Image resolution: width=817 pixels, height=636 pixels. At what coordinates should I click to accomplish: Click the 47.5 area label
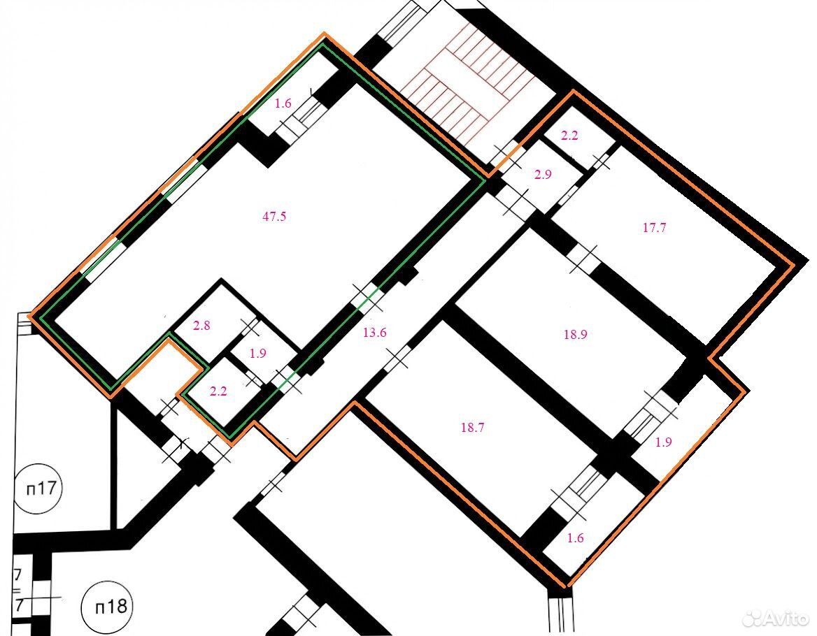(x=274, y=217)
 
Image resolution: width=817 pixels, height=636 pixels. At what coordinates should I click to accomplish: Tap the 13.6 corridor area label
(x=375, y=333)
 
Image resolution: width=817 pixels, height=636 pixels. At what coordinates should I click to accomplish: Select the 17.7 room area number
(x=655, y=227)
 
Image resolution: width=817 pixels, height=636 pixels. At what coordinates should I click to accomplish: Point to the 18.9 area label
(x=575, y=335)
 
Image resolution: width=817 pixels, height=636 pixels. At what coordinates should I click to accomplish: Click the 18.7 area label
(x=473, y=428)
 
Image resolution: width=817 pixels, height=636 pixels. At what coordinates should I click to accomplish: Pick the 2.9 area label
(x=543, y=175)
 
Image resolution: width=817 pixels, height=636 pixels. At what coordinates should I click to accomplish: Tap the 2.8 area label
(x=201, y=326)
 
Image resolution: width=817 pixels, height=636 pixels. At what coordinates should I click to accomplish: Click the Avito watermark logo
(x=776, y=619)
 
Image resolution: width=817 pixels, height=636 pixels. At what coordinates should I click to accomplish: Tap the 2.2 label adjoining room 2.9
(x=569, y=136)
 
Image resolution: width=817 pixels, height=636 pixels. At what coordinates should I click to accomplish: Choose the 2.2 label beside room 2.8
(x=218, y=391)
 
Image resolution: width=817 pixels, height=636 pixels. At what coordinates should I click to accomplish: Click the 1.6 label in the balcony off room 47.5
(x=283, y=103)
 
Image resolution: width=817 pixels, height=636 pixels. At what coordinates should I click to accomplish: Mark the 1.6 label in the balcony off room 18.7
(x=575, y=538)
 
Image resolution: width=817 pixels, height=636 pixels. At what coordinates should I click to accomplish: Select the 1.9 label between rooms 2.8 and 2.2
(x=258, y=354)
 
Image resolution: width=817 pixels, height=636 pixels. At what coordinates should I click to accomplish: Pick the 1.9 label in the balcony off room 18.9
(x=663, y=442)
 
